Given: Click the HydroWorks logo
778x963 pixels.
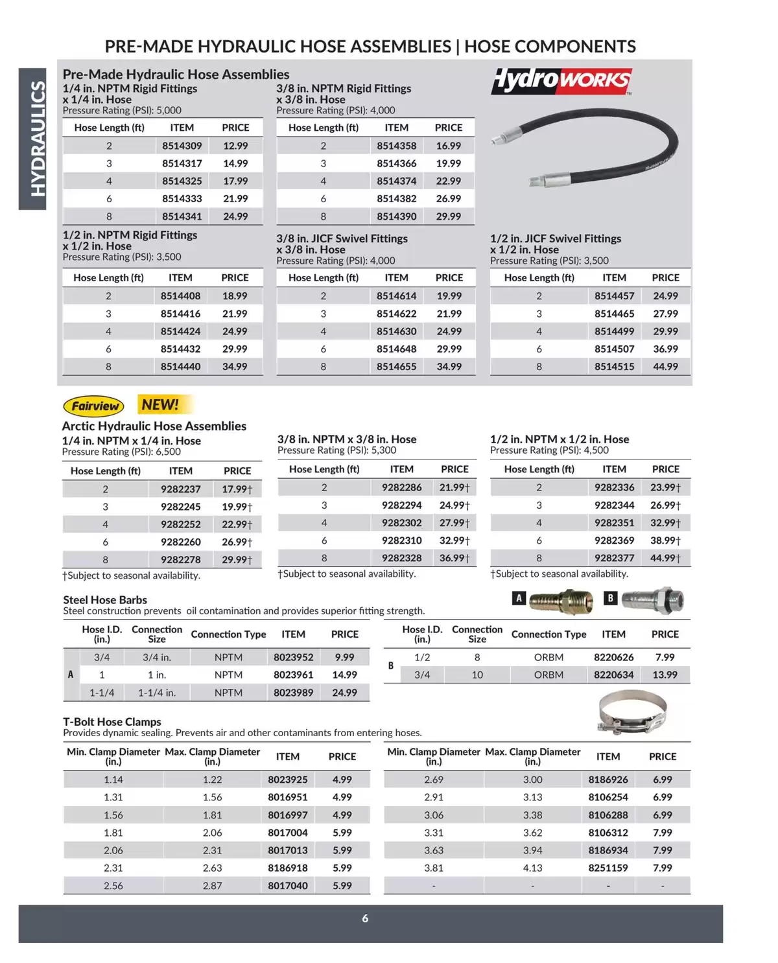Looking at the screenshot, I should (561, 80).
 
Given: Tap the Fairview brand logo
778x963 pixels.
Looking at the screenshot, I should (94, 406).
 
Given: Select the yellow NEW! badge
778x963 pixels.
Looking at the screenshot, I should (160, 405).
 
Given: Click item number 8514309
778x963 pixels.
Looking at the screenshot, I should (182, 146).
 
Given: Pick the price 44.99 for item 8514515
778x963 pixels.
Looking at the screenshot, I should (665, 367).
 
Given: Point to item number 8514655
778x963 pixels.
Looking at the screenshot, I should (396, 367).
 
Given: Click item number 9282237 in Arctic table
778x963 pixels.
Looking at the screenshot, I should (180, 489).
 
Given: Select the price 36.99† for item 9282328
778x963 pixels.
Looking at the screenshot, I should (454, 558).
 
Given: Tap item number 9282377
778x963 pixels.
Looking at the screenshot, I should (614, 558).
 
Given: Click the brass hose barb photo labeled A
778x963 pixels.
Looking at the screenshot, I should (561, 601).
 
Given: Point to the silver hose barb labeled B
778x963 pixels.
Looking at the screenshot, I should (652, 599).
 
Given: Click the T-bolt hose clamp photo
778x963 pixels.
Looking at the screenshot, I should (632, 711).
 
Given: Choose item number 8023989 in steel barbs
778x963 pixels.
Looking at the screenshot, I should (293, 693).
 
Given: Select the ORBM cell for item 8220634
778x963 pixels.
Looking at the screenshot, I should (548, 675).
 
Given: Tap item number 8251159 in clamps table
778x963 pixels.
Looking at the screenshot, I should (607, 868).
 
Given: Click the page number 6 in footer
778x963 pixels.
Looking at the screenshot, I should (365, 918).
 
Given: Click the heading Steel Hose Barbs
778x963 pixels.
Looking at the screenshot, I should (105, 600).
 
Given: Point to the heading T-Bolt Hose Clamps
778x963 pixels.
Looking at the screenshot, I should (112, 722).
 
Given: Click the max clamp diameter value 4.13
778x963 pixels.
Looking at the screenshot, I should (532, 868).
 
